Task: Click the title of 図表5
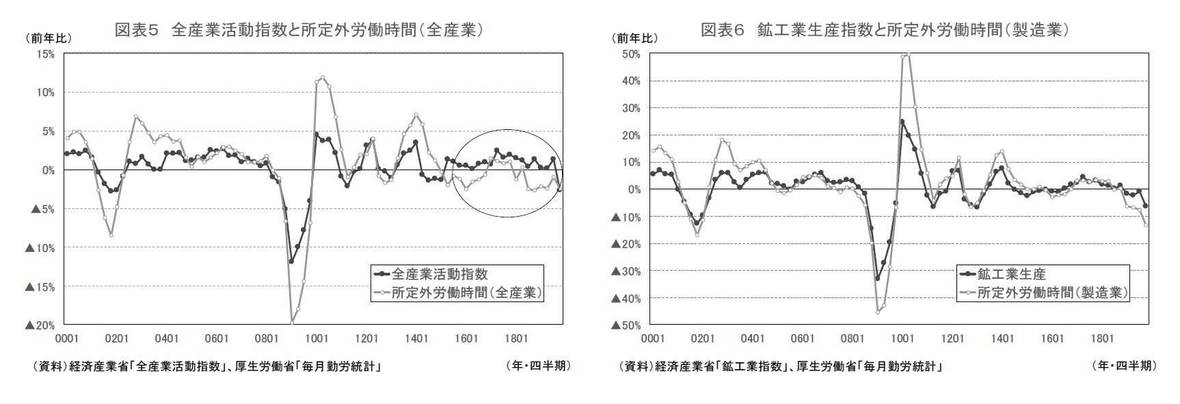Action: click(299, 29)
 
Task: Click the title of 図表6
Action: click(885, 29)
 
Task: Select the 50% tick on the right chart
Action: click(631, 54)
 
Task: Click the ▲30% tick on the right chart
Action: click(626, 271)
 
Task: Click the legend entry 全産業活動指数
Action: click(440, 274)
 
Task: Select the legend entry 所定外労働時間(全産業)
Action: click(467, 293)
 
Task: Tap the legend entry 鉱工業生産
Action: click(1011, 274)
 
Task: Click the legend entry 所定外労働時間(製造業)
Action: click(1052, 293)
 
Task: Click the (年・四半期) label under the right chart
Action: click(1124, 366)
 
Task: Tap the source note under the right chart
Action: click(780, 366)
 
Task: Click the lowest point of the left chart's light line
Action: click(292, 322)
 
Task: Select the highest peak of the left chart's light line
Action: click(323, 77)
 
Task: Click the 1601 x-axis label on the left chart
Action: click(466, 338)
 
